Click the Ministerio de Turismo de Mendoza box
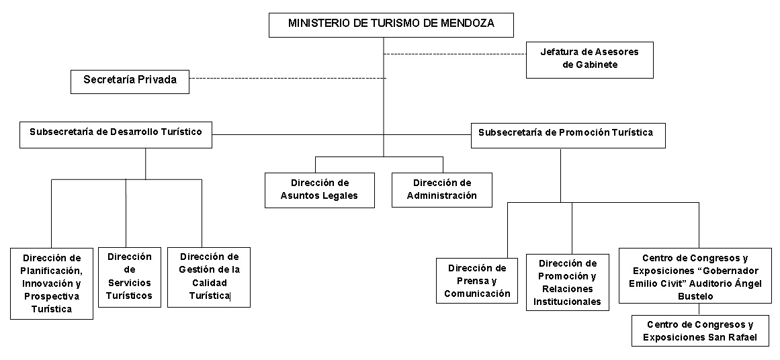[x=391, y=25]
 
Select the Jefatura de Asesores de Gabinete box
[x=589, y=60]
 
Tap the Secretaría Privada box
[x=130, y=81]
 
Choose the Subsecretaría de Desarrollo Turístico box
[x=116, y=135]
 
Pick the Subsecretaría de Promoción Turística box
[x=568, y=135]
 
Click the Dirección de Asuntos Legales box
[x=319, y=190]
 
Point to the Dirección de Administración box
[x=442, y=189]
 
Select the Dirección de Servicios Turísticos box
[x=130, y=277]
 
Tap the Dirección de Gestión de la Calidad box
[x=209, y=277]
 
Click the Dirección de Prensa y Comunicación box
[x=477, y=281]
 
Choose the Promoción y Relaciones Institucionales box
[x=568, y=283]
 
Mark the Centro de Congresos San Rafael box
[x=700, y=330]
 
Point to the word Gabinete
[x=589, y=64]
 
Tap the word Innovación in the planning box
[x=45, y=283]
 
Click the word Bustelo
[x=695, y=297]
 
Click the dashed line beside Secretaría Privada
[x=288, y=78]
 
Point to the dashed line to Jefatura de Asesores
[x=455, y=54]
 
